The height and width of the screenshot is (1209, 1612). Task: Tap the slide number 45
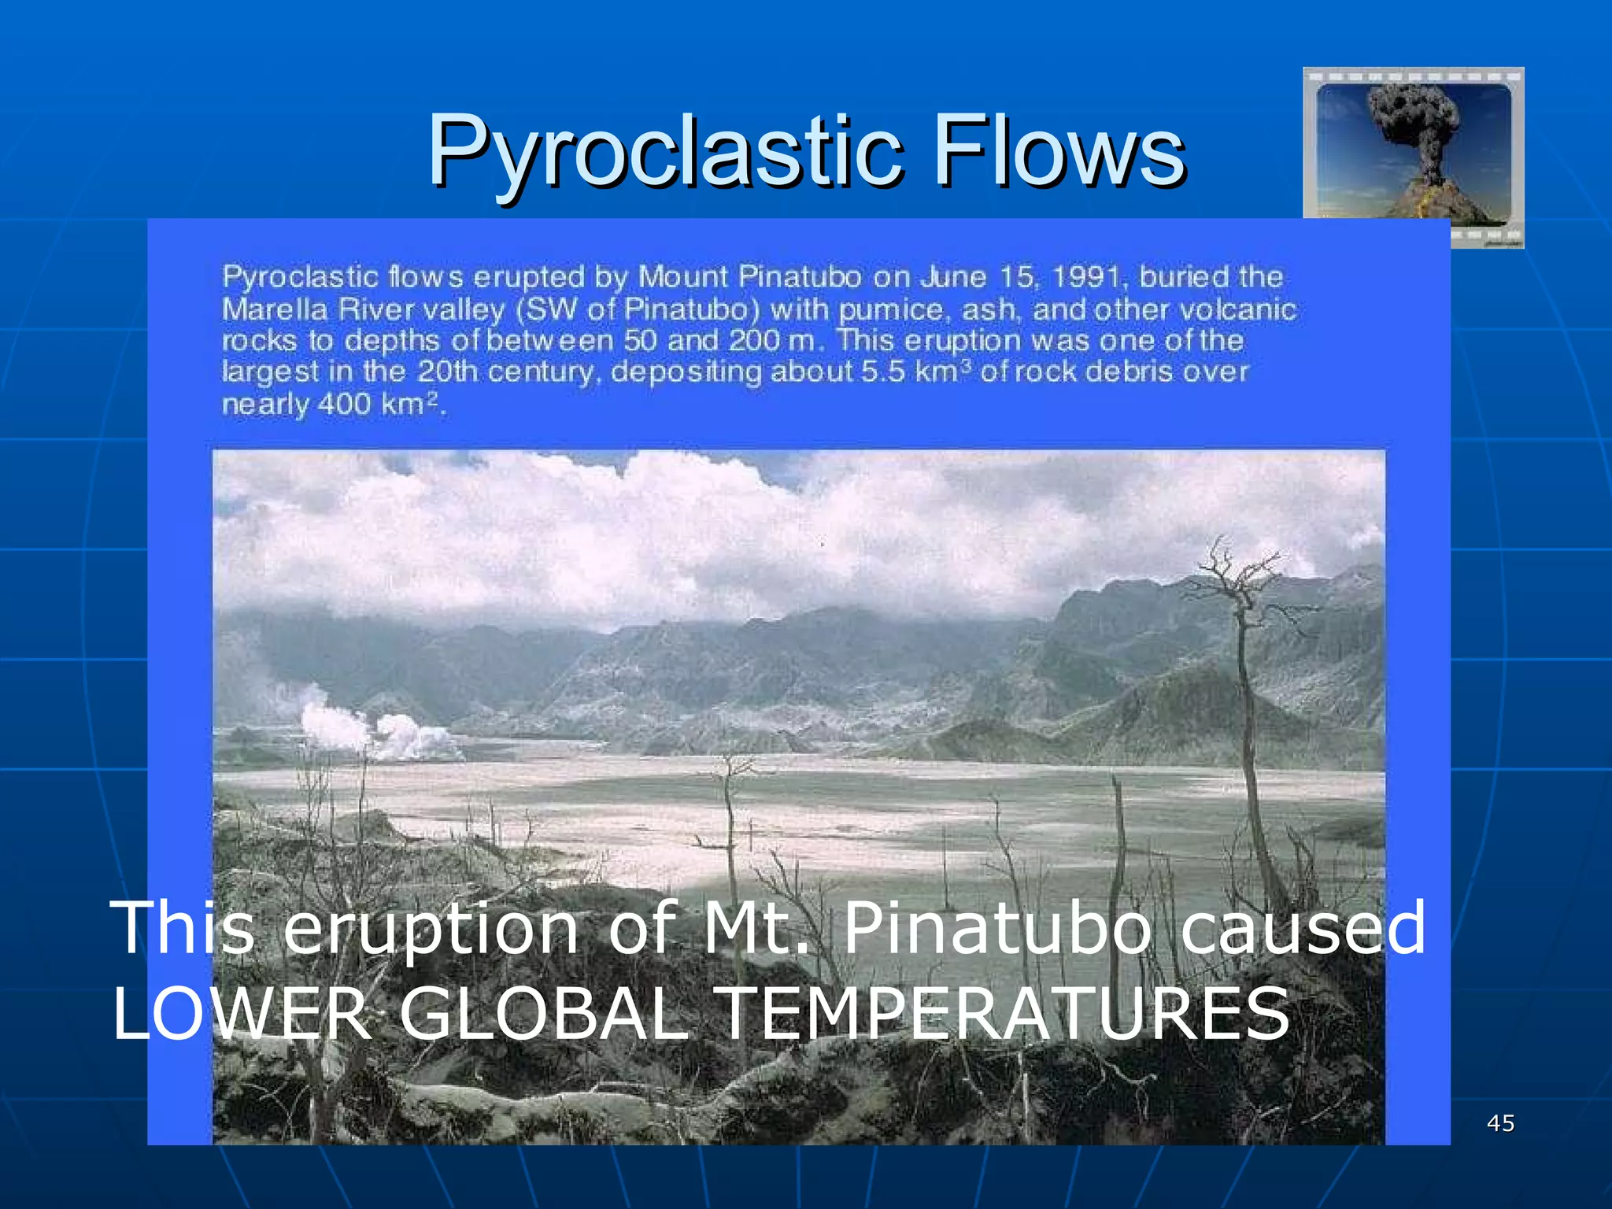tap(1500, 1123)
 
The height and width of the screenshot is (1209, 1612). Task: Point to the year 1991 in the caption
tap(1086, 277)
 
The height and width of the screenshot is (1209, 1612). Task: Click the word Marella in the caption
tap(275, 309)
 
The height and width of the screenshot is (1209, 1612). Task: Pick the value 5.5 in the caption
tap(882, 372)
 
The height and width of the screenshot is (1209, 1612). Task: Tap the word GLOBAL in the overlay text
tap(544, 1015)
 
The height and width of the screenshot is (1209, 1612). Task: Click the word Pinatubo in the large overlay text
tap(996, 929)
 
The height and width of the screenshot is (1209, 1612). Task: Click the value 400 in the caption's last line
tap(344, 405)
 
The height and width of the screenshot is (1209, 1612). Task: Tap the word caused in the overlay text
tap(1303, 929)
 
